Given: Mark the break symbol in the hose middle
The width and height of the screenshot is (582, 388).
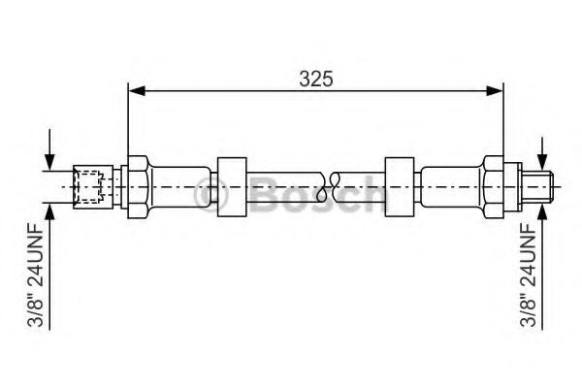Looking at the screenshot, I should pos(334,183).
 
